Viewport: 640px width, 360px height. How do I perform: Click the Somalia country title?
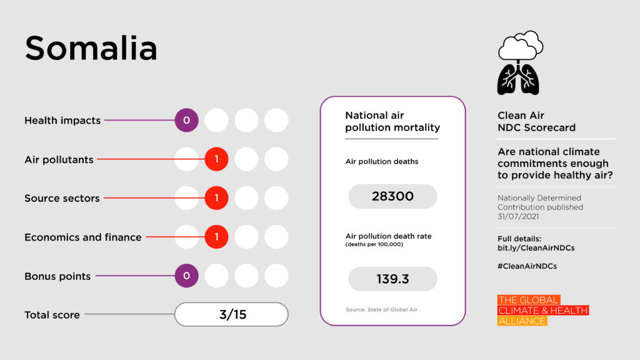tap(91, 48)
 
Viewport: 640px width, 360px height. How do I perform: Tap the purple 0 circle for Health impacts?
tap(186, 120)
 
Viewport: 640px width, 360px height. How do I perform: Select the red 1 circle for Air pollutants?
tap(216, 159)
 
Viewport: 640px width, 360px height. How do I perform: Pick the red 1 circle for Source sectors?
tap(216, 198)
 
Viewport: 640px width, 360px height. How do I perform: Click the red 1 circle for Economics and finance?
tap(216, 237)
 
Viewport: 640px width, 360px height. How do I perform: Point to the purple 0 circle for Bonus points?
tap(186, 276)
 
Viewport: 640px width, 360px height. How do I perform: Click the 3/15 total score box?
tap(231, 314)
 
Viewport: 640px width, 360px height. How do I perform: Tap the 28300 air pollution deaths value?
tap(392, 196)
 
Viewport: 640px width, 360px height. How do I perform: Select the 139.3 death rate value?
tap(392, 279)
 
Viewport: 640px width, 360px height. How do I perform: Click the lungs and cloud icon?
tap(519, 63)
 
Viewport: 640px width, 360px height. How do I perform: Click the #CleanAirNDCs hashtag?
tap(527, 266)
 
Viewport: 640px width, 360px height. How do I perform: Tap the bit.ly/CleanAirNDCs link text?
tap(536, 248)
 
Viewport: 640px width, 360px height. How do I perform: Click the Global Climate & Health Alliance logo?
tap(542, 310)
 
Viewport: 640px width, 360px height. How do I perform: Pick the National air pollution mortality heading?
tap(392, 121)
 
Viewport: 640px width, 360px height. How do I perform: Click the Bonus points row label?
tap(57, 276)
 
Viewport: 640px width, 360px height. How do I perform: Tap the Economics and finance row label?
tap(82, 237)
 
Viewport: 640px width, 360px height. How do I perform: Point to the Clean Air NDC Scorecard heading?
tap(536, 121)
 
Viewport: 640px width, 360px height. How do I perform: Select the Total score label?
tap(52, 315)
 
